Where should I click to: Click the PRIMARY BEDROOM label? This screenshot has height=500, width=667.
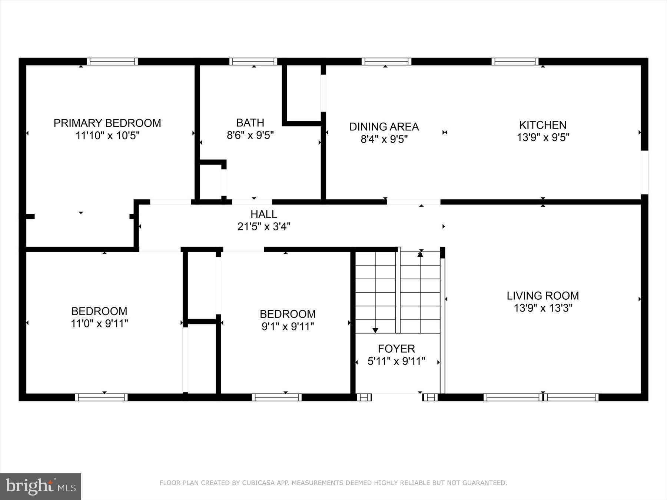[107, 123]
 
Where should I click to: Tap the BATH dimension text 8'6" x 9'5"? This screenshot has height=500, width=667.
[250, 135]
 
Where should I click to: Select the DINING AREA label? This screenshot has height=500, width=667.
[384, 127]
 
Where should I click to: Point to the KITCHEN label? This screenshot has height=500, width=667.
[542, 125]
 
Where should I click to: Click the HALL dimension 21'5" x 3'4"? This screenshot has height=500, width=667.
[263, 226]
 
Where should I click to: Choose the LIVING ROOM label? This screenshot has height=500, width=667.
[542, 296]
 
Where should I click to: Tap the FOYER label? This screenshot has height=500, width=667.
[396, 349]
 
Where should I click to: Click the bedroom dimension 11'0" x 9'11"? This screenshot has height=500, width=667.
[99, 324]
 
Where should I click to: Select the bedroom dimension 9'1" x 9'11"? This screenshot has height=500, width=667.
[288, 327]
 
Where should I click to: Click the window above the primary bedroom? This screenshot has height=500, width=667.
[112, 61]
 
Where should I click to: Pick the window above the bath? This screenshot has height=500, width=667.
[253, 61]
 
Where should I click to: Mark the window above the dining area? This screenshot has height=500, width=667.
[386, 61]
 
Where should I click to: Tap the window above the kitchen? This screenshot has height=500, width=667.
[515, 61]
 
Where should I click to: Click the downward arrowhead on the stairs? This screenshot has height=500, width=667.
[375, 330]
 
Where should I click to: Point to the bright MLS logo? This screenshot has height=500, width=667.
[40, 486]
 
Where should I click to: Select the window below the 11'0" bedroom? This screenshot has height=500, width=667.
[101, 397]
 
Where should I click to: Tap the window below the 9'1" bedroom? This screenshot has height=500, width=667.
[276, 397]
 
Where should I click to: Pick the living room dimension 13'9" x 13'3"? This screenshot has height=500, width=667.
[542, 308]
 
